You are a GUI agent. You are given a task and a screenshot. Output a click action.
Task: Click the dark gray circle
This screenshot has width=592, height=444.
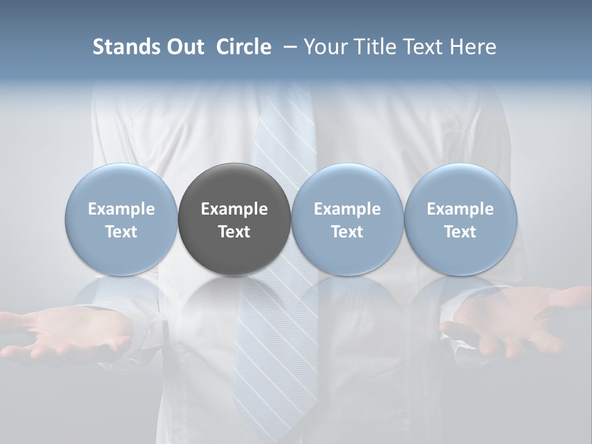click(234, 219)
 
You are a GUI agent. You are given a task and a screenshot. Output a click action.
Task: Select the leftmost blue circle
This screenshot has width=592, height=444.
click(121, 219)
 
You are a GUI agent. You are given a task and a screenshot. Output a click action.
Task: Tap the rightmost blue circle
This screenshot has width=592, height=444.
click(460, 219)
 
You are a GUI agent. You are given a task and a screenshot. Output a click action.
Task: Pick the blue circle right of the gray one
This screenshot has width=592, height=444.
click(347, 219)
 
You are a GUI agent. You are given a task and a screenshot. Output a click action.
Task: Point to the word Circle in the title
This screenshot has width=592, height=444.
click(244, 47)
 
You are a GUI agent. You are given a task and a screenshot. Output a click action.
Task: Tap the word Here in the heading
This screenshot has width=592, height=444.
click(472, 47)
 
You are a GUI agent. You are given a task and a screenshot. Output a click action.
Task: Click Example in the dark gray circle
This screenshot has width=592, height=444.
click(234, 209)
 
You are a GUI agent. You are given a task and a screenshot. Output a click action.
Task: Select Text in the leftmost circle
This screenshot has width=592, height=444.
click(121, 232)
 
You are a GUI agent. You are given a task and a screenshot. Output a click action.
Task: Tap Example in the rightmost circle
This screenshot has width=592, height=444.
click(460, 209)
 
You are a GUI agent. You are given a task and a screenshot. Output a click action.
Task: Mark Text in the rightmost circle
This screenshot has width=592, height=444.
click(460, 232)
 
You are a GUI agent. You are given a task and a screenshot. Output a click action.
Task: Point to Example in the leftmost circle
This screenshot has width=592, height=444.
click(121, 209)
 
